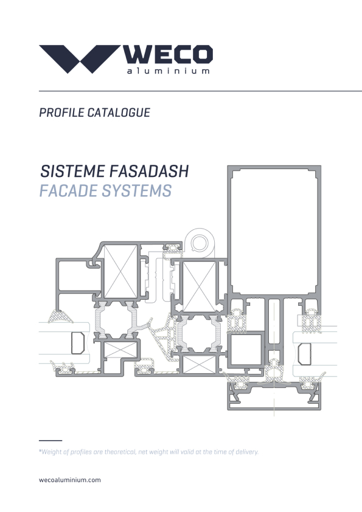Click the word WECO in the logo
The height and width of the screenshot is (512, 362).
tap(168, 55)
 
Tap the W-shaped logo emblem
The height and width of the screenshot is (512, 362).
tap(79, 59)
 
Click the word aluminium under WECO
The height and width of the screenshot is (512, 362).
tap(169, 71)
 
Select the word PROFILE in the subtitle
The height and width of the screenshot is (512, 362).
tap(61, 112)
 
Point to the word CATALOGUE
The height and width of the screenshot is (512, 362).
tap(119, 112)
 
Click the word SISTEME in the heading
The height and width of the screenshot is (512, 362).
tap(72, 171)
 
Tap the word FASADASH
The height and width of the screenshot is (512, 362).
tap(149, 171)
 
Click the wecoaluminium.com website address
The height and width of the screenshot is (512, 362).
tap(69, 480)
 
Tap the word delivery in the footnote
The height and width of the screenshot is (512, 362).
tap(247, 452)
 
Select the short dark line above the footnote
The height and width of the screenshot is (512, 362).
tap(50, 440)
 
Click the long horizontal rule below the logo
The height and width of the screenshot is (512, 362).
tap(200, 91)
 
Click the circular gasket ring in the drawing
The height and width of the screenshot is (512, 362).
tap(199, 244)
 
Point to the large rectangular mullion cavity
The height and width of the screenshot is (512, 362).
tap(274, 231)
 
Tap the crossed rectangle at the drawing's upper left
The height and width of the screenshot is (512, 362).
tap(120, 272)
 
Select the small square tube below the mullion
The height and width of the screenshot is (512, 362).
tap(246, 350)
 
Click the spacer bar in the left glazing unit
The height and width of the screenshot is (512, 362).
tap(78, 343)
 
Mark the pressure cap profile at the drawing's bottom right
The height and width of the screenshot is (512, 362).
tap(274, 396)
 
